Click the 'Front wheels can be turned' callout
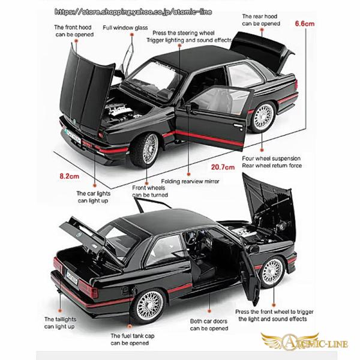[149, 191]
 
